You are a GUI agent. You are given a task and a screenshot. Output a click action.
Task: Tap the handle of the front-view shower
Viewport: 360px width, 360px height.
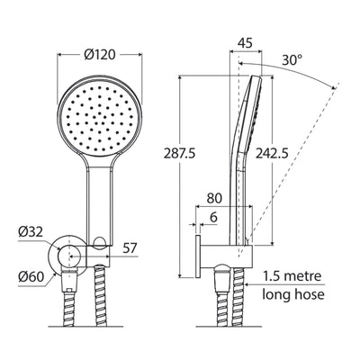pyautogui.click(x=98, y=202)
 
